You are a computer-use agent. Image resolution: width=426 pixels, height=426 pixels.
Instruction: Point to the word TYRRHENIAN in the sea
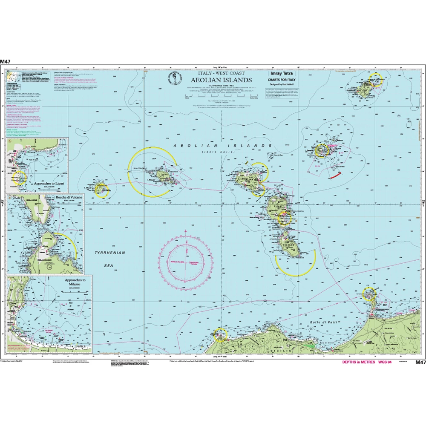coord(110,253)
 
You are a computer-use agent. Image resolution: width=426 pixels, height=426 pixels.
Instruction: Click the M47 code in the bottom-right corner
coord(420,362)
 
